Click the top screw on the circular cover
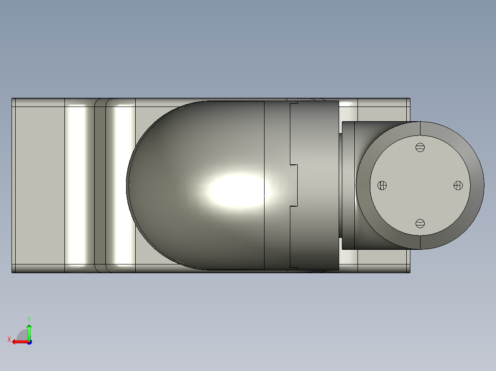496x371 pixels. point(420,147)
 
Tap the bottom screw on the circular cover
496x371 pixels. point(420,224)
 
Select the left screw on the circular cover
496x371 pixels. point(382,185)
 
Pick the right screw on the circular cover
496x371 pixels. point(458,185)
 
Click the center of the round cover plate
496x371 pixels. point(420,185)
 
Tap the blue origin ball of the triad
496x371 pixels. point(29,342)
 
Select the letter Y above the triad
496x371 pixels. point(29,319)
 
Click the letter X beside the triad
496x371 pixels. point(9,339)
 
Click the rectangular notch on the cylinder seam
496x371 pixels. point(294,185)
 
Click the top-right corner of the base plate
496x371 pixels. point(409,99)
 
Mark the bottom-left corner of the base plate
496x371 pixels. point(12,272)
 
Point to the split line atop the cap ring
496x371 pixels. point(420,129)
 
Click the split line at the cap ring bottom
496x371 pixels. point(420,242)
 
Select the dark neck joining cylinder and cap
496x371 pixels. point(340,185)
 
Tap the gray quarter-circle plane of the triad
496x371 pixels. point(22,335)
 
